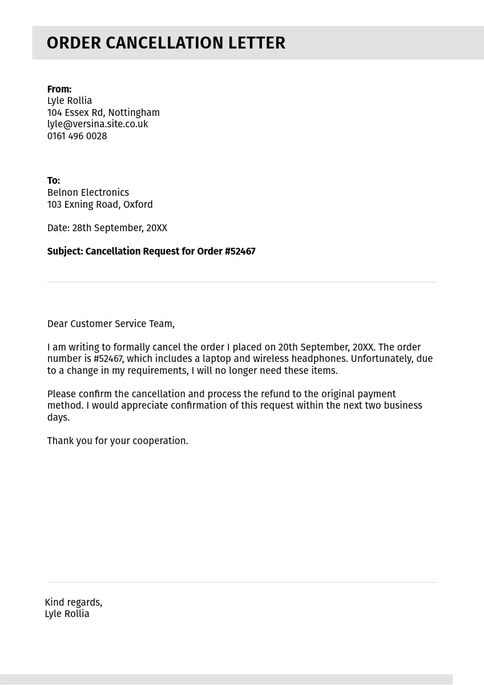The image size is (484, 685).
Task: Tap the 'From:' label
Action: click(x=59, y=89)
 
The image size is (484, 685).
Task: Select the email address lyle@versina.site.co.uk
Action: click(x=98, y=124)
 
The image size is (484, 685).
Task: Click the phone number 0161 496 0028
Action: click(x=77, y=136)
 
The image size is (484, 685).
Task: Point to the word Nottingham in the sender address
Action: click(x=134, y=112)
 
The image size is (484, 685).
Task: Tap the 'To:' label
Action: click(x=54, y=180)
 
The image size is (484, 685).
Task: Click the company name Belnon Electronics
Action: click(x=88, y=192)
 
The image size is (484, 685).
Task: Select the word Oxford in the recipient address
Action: click(x=138, y=204)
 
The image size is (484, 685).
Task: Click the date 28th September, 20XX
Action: click(x=119, y=228)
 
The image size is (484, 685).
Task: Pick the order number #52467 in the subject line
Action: click(x=240, y=251)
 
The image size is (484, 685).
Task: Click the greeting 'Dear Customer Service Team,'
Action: click(x=111, y=324)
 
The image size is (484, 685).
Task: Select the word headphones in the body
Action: click(x=318, y=358)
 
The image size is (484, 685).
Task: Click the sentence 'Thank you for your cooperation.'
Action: click(x=118, y=441)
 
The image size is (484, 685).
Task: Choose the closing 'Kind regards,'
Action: click(x=74, y=602)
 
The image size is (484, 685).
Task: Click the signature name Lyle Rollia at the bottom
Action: click(x=67, y=614)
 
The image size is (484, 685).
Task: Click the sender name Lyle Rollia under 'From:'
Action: click(x=70, y=100)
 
